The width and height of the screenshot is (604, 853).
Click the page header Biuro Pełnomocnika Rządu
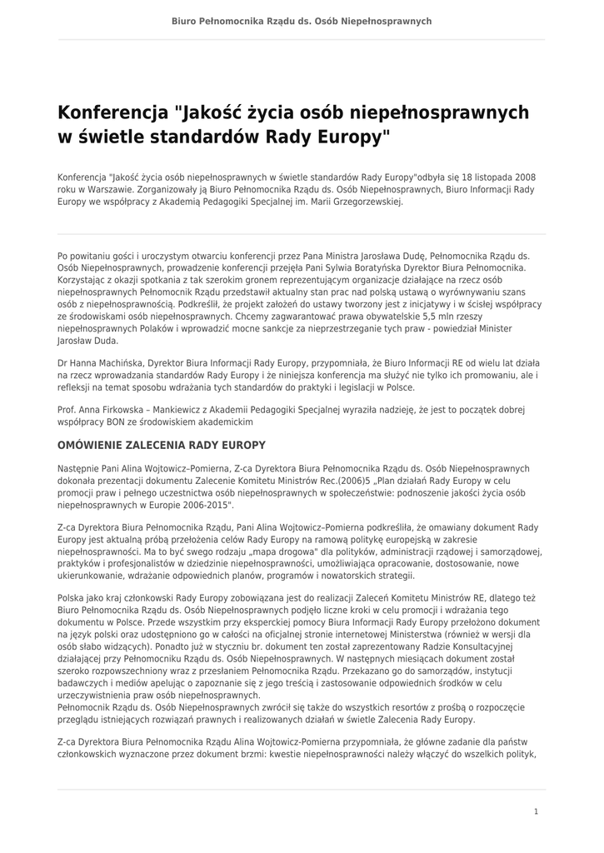coord(302,20)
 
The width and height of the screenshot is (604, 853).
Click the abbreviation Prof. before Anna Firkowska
coord(67,410)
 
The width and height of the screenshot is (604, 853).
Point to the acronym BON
coord(107,422)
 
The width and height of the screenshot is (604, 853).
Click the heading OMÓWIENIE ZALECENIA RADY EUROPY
coord(162,445)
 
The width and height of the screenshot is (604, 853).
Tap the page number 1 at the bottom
coord(536,811)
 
